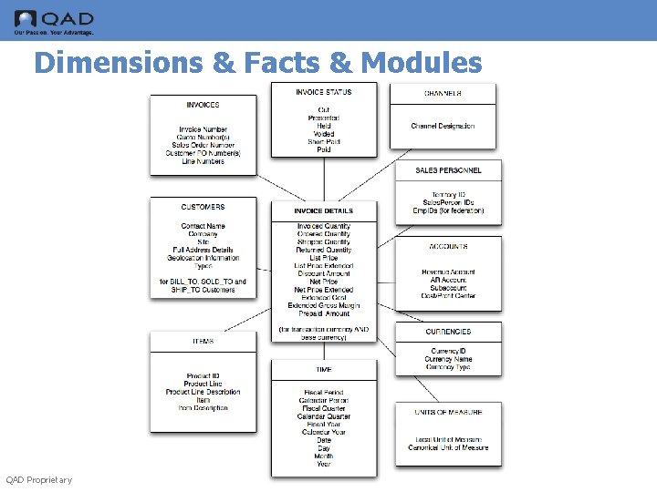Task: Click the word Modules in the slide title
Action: (422, 62)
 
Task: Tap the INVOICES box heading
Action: (203, 105)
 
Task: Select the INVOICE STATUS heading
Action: (324, 92)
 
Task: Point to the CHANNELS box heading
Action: (443, 94)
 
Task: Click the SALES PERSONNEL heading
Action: (448, 170)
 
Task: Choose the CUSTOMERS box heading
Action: (203, 208)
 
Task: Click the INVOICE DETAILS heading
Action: (324, 210)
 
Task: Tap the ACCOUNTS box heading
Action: (448, 247)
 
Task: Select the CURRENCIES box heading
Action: (448, 332)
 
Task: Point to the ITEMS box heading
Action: (203, 342)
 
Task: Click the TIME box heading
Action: (324, 370)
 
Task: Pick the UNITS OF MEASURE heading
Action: (448, 412)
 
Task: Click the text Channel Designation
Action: (443, 127)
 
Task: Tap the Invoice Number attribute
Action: (203, 129)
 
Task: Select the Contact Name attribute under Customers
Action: (203, 226)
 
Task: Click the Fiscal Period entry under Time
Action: (324, 393)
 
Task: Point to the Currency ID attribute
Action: (448, 352)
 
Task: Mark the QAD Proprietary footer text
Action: (38, 480)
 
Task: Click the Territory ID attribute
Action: (448, 195)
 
